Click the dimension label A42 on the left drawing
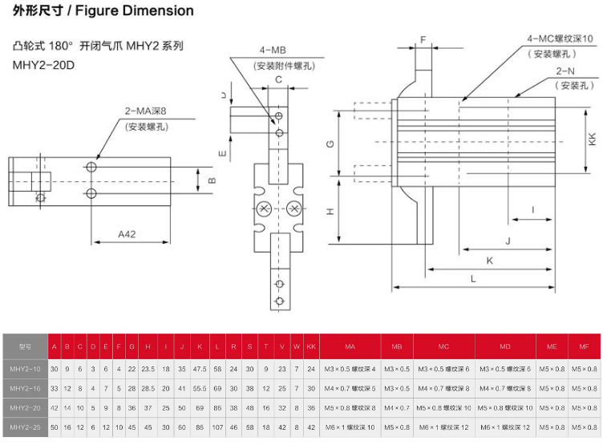tap(127, 233)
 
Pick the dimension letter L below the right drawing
tap(473, 278)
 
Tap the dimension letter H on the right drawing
tap(330, 211)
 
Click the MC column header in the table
tap(443, 346)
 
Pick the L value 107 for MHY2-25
tap(217, 428)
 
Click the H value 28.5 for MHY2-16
tap(148, 388)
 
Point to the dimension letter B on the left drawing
tap(212, 180)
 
